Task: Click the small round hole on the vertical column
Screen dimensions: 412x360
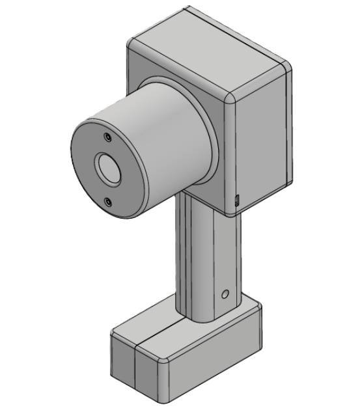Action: pos(225,295)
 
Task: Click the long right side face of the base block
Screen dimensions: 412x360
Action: pos(215,358)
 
